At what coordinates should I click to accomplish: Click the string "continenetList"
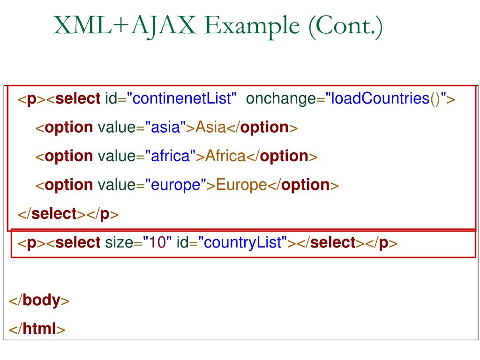tap(181, 99)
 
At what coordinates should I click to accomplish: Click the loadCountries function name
tap(380, 99)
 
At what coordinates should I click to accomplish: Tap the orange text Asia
tap(210, 127)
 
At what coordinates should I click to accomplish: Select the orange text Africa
tap(225, 156)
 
